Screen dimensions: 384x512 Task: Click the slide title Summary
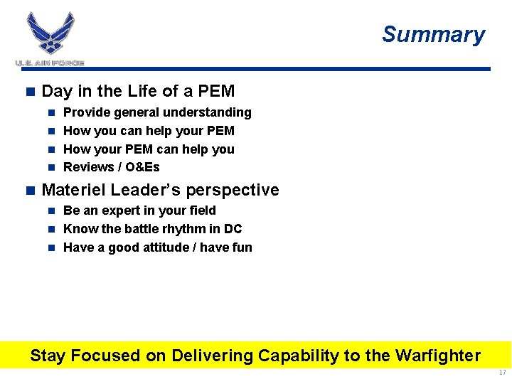pos(433,34)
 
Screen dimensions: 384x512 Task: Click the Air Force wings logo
pos(50,33)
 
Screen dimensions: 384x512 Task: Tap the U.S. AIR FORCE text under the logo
pos(50,63)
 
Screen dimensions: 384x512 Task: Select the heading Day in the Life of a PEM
pos(138,91)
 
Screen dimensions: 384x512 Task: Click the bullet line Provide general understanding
pos(157,112)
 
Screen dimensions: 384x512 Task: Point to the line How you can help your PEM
pos(149,131)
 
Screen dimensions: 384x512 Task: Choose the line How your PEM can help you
pos(149,149)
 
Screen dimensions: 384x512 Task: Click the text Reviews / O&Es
pos(112,167)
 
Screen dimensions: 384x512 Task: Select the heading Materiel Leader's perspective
pos(160,190)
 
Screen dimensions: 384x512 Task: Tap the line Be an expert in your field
pos(139,210)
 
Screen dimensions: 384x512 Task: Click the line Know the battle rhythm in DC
pos(152,229)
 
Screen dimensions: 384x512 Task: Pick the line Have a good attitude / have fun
pos(157,247)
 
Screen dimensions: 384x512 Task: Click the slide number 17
pos(502,373)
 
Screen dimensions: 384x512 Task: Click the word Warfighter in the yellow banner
pos(437,356)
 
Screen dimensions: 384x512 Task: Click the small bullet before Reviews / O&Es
pos(51,168)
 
